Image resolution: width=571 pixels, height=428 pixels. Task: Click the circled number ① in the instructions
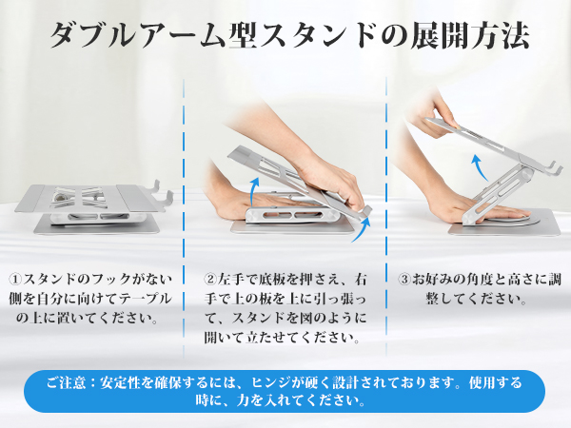click(x=16, y=280)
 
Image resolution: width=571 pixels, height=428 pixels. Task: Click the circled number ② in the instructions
click(x=210, y=280)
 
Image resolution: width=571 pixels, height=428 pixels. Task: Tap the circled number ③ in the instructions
click(x=404, y=280)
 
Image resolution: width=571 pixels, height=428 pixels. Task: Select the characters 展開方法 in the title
click(x=470, y=36)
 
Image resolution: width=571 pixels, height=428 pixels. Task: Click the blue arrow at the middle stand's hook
click(x=362, y=229)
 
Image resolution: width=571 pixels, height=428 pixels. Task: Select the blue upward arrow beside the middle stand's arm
click(x=254, y=191)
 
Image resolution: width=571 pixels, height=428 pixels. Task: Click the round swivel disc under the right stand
click(x=499, y=222)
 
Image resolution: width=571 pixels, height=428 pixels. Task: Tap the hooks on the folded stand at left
click(x=163, y=192)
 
